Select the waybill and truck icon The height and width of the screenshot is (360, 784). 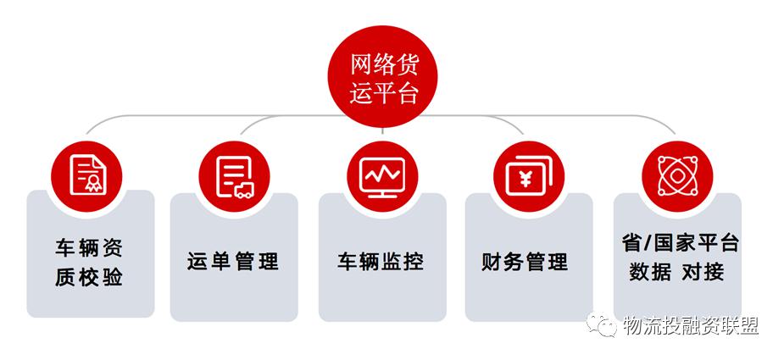click(x=235, y=176)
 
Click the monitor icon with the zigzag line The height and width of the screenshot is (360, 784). click(x=382, y=176)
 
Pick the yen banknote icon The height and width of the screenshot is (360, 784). click(x=528, y=176)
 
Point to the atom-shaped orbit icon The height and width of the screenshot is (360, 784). click(x=676, y=175)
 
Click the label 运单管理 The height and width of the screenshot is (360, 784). click(x=233, y=262)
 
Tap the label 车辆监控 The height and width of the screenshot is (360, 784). click(x=381, y=262)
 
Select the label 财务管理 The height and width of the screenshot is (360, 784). click(x=525, y=262)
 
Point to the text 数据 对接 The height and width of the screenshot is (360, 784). click(x=676, y=272)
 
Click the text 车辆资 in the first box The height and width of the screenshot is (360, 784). click(x=89, y=248)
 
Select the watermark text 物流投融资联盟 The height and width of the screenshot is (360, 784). click(x=691, y=326)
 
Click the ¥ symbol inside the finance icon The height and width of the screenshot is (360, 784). click(x=525, y=179)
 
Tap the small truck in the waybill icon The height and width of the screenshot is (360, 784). click(x=244, y=190)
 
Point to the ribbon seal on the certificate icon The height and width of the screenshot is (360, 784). click(x=93, y=184)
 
